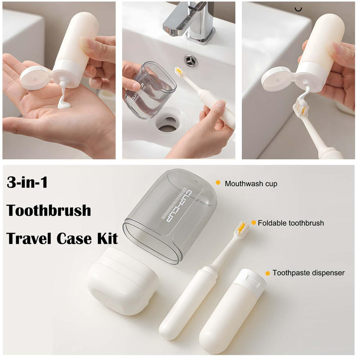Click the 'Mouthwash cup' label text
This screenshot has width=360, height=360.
point(251,184)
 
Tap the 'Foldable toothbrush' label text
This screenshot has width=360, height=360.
point(291,223)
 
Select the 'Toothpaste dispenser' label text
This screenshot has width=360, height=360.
point(308,273)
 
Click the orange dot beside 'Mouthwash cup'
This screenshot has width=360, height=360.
point(218,183)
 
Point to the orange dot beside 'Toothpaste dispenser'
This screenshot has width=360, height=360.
point(267,273)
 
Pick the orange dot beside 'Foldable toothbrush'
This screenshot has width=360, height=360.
point(253,223)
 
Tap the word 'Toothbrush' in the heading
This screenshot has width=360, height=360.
point(49,210)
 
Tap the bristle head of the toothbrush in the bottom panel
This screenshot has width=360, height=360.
point(242,228)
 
